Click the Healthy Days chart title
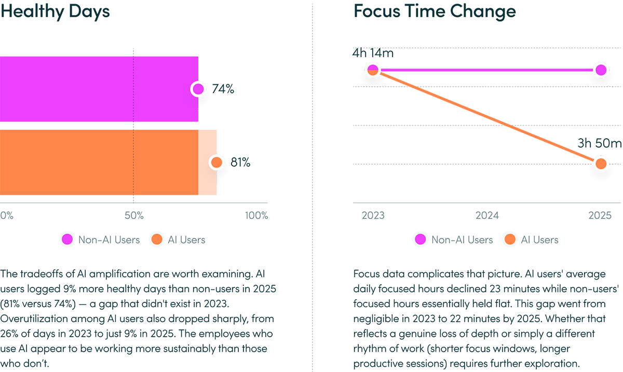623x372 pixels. pyautogui.click(x=55, y=11)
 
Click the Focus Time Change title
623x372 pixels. pyautogui.click(x=435, y=11)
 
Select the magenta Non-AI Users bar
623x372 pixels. pyautogui.click(x=99, y=89)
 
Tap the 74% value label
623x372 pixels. pyautogui.click(x=222, y=89)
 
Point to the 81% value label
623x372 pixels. pyautogui.click(x=240, y=163)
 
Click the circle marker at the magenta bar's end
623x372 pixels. pyautogui.click(x=198, y=89)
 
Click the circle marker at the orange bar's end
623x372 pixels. pyautogui.click(x=216, y=163)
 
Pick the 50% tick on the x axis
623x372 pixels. pyautogui.click(x=134, y=216)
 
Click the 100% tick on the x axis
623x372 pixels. pyautogui.click(x=256, y=216)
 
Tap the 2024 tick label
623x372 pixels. pyautogui.click(x=486, y=216)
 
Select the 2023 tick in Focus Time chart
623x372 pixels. pyautogui.click(x=373, y=216)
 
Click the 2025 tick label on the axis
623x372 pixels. pyautogui.click(x=601, y=216)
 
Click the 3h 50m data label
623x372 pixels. pyautogui.click(x=599, y=143)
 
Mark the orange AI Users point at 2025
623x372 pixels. pyautogui.click(x=601, y=164)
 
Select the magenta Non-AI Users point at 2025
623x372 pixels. pyautogui.click(x=601, y=70)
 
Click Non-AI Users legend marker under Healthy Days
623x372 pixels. pyautogui.click(x=67, y=240)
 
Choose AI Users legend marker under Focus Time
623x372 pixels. pyautogui.click(x=510, y=240)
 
